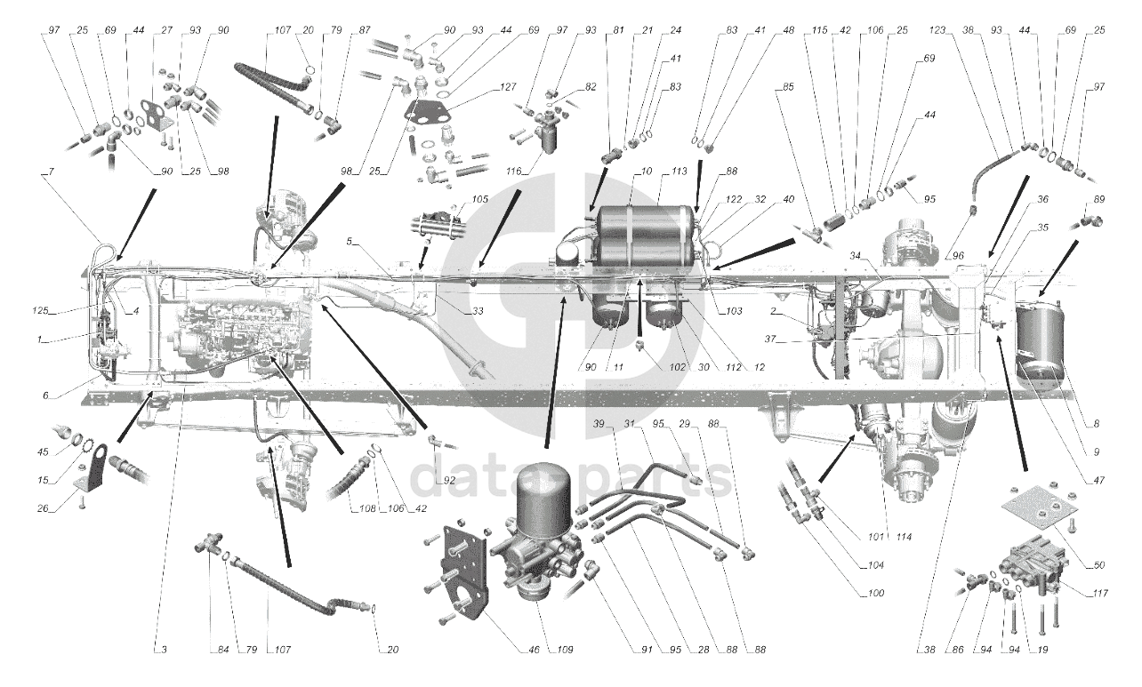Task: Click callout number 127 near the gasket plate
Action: pyautogui.click(x=509, y=87)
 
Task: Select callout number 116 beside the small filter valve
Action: pyautogui.click(x=514, y=172)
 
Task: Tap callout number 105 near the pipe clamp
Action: pyautogui.click(x=479, y=199)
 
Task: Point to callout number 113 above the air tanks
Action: pyautogui.click(x=680, y=172)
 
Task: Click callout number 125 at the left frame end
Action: pyautogui.click(x=41, y=310)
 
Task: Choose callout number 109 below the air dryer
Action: pyautogui.click(x=565, y=650)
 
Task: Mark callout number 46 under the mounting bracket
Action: pyautogui.click(x=534, y=650)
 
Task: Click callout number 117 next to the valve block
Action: pyautogui.click(x=1099, y=594)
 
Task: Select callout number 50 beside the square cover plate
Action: pyautogui.click(x=1099, y=564)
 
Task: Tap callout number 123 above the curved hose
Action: pyautogui.click(x=937, y=30)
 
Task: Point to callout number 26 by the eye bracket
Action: pyautogui.click(x=43, y=507)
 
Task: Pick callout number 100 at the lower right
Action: pyautogui.click(x=875, y=594)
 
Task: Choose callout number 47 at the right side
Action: pyautogui.click(x=1099, y=480)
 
